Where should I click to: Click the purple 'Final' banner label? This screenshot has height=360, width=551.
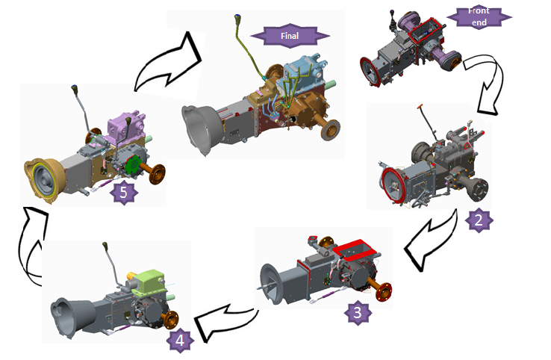pyautogui.click(x=290, y=36)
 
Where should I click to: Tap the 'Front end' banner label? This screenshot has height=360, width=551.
pyautogui.click(x=479, y=16)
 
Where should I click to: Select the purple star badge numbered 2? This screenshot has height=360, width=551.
pyautogui.click(x=479, y=220)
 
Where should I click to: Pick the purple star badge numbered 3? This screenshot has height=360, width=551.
pyautogui.click(x=358, y=312)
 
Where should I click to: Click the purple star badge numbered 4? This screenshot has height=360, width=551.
pyautogui.click(x=180, y=341)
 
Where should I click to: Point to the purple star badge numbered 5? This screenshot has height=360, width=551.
pyautogui.click(x=124, y=192)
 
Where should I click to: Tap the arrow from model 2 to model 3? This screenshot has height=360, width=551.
pyautogui.click(x=429, y=243)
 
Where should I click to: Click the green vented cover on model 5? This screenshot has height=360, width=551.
pyautogui.click(x=134, y=164)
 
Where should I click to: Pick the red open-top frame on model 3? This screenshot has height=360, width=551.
pyautogui.click(x=354, y=249)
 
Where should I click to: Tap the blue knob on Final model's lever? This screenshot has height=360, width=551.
pyautogui.click(x=238, y=16)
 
